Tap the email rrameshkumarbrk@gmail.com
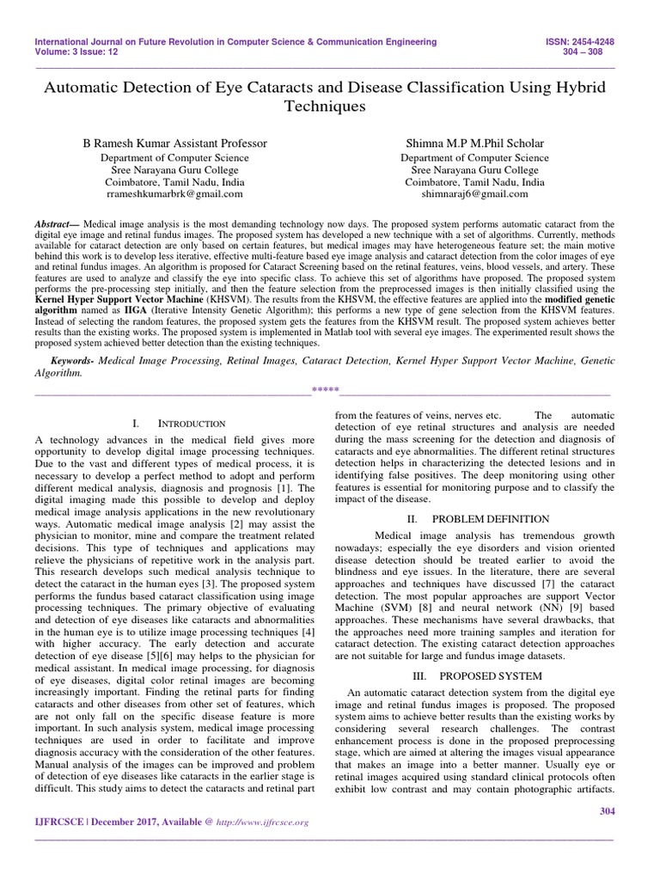(x=174, y=195)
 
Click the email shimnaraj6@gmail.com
(x=472, y=195)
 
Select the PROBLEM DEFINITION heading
(x=490, y=518)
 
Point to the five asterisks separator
(x=325, y=394)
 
